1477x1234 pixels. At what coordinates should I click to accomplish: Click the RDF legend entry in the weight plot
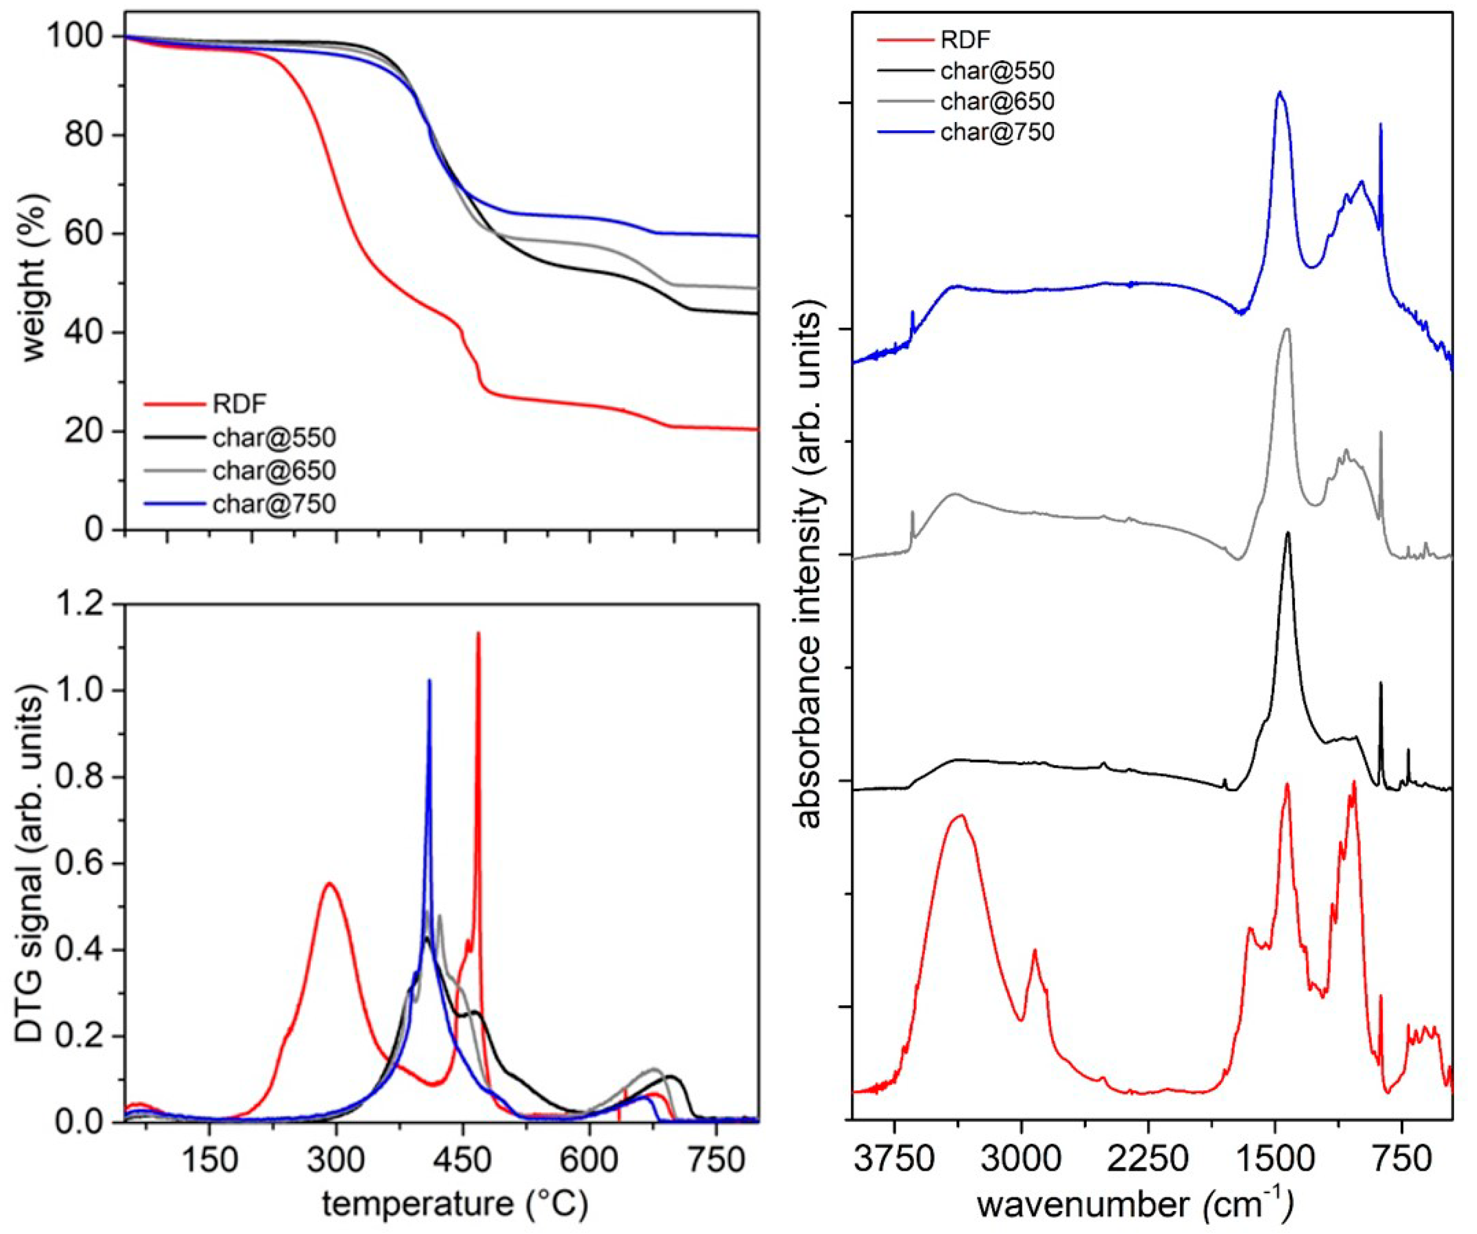coord(239,405)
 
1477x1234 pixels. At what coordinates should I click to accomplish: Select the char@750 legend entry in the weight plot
coord(274,504)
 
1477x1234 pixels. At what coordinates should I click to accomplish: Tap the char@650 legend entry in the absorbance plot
coord(997,102)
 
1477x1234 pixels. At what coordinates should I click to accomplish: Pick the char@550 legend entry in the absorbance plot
coord(997,70)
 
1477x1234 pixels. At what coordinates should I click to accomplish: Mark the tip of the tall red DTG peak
coord(478,633)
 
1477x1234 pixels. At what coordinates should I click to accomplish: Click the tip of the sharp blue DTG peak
coord(429,680)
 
